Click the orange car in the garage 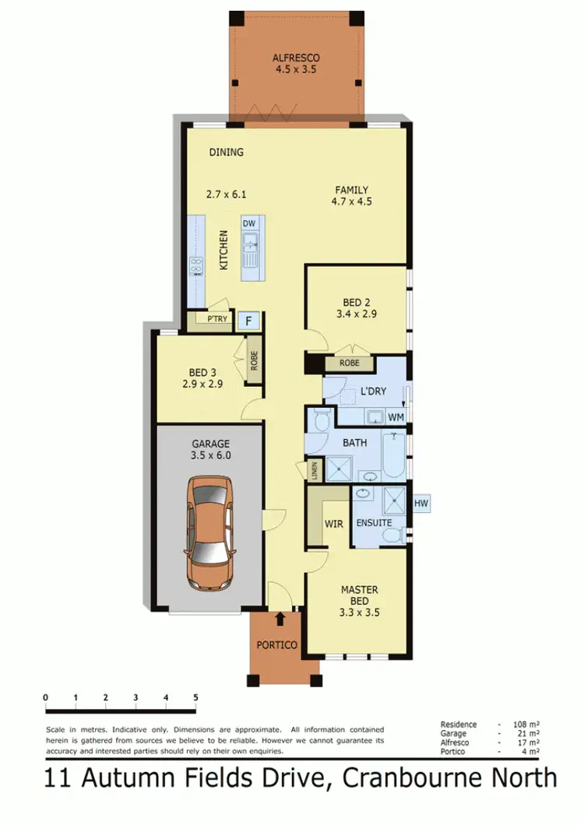click(x=209, y=535)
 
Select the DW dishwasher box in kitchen click(x=249, y=224)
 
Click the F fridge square click(x=248, y=321)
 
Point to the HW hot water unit click(x=421, y=504)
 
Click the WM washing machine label click(x=396, y=417)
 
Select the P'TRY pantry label click(x=216, y=319)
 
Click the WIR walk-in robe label click(x=334, y=524)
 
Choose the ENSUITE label click(x=375, y=523)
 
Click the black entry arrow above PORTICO click(x=280, y=619)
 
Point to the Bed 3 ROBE click(x=254, y=360)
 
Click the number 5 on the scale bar click(x=195, y=697)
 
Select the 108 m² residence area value click(x=526, y=725)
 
